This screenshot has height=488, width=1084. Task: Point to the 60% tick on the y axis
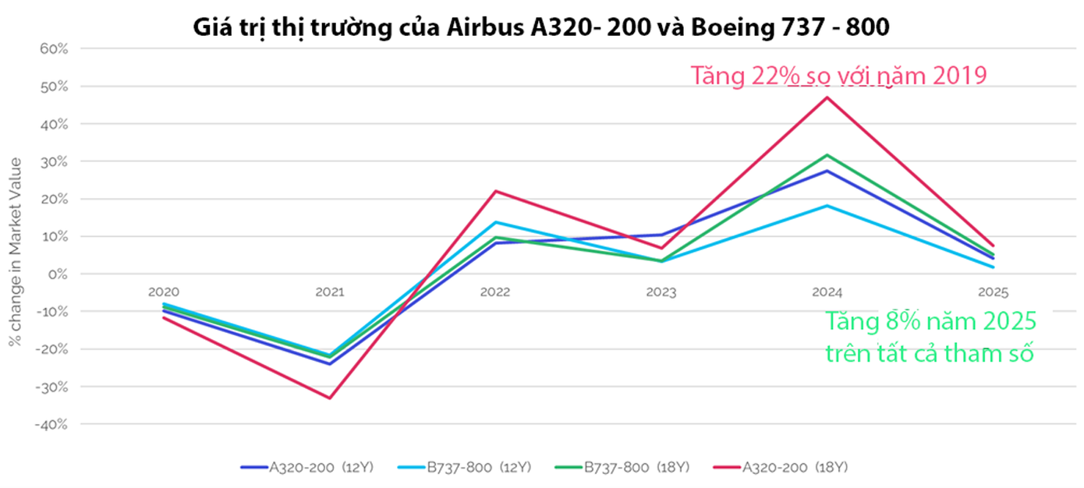coord(55,48)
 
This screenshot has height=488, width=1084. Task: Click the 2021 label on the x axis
coord(329,292)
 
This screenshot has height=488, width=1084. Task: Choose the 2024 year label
coord(827,292)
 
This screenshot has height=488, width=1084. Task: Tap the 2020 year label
coord(163,292)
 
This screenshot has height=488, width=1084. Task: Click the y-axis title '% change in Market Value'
coord(15,251)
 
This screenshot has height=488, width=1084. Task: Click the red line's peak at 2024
coord(827,97)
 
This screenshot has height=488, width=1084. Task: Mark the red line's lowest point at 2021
coord(330,398)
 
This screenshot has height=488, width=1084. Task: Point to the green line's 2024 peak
coord(827,154)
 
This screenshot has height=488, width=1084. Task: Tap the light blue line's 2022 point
coord(495,222)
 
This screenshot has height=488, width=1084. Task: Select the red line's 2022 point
coord(496,191)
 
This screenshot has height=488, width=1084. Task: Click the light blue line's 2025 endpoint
coord(993,267)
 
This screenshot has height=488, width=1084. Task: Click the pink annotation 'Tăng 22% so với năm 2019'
coord(839,76)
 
